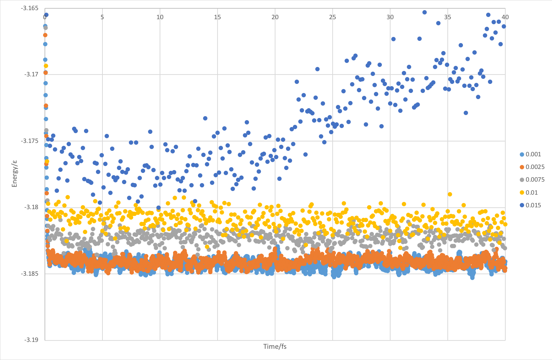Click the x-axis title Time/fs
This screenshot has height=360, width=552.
tap(275, 347)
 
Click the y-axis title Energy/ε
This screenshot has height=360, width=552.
tap(15, 174)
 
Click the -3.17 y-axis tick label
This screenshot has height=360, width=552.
tap(31, 75)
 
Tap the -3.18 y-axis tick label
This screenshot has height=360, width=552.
tap(31, 207)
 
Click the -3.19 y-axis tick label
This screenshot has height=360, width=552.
tap(31, 340)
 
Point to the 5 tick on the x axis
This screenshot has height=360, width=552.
tap(102, 17)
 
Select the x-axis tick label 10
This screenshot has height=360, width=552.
tap(160, 17)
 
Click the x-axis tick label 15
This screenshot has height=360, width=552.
tap(218, 17)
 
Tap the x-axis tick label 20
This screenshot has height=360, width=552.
tap(275, 17)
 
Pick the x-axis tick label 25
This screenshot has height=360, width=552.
tap(333, 17)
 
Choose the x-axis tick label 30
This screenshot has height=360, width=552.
tap(390, 17)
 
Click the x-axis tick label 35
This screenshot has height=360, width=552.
tap(448, 17)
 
